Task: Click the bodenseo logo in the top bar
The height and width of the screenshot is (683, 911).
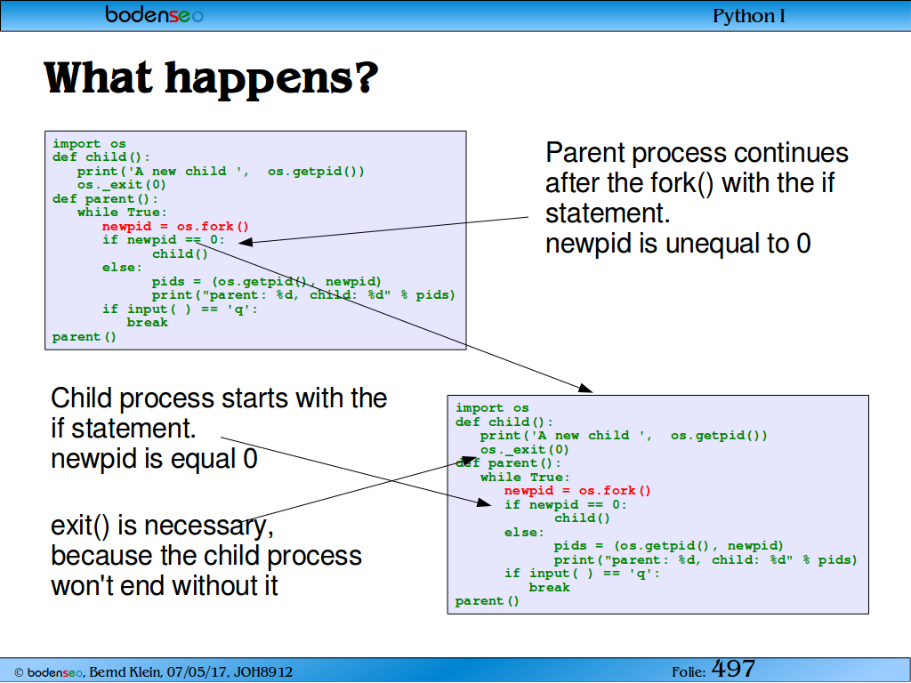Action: [x=155, y=14]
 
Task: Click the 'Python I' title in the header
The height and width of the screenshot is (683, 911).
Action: [x=749, y=16]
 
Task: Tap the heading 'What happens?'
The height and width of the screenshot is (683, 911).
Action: [x=211, y=78]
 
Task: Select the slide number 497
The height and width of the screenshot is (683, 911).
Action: [x=733, y=669]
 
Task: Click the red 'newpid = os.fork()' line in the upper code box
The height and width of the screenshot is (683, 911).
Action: [x=175, y=226]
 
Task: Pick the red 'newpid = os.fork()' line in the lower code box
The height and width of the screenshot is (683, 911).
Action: [x=577, y=491]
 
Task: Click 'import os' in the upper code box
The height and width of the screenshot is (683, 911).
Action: [x=89, y=143]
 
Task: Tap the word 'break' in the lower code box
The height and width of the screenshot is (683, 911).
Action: [x=550, y=587]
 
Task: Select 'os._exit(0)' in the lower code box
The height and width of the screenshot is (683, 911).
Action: [x=525, y=449]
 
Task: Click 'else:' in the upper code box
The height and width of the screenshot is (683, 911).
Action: [x=122, y=267]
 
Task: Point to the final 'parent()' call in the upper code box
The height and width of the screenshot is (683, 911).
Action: [x=85, y=337]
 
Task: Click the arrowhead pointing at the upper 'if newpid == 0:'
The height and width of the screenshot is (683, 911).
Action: [x=246, y=242]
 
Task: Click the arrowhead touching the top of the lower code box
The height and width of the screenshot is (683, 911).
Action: [x=585, y=388]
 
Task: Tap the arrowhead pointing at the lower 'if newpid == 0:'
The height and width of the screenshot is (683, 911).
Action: [x=484, y=502]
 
